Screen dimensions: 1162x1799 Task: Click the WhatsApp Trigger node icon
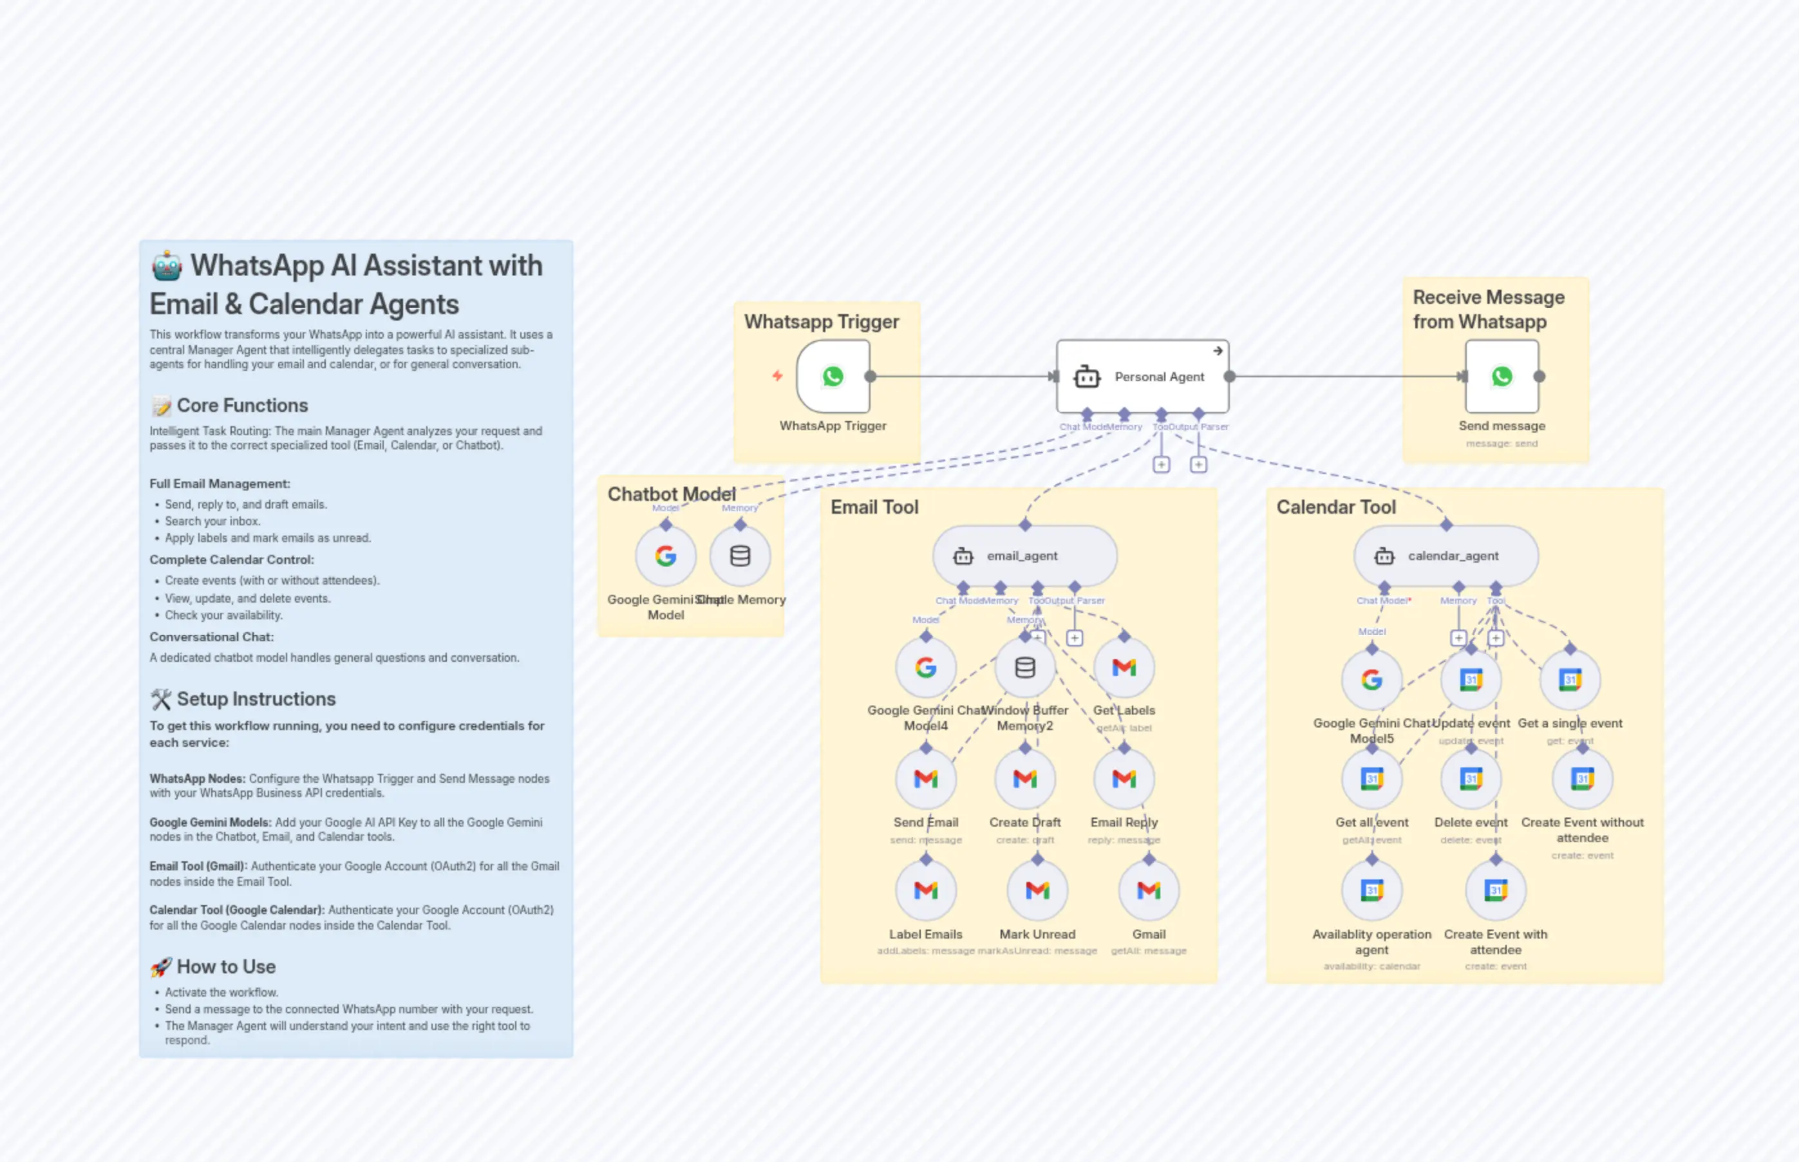(833, 376)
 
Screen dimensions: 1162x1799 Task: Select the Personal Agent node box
(1142, 376)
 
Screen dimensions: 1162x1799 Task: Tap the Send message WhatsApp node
(1502, 376)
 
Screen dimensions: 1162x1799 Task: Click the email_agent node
(1024, 556)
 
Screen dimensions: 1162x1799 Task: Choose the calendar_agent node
(1446, 556)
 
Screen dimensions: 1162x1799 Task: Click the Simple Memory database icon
(740, 556)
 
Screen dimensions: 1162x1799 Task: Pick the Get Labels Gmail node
(1124, 667)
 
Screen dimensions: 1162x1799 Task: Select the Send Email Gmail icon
(926, 779)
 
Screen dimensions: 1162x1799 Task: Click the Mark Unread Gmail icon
(1037, 890)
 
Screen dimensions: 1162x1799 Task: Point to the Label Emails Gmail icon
(926, 890)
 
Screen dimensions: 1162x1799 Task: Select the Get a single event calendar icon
(1570, 680)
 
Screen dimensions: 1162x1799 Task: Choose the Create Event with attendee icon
(1495, 890)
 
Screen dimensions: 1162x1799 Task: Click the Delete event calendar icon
(1471, 779)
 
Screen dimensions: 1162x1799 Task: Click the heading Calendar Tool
(1335, 507)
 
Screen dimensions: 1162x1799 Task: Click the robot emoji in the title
(167, 267)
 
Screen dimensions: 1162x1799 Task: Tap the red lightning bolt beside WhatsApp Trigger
(777, 376)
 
